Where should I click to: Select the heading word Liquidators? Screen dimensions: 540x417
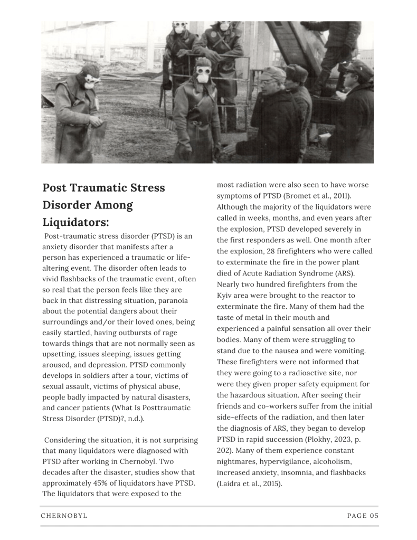tap(75, 222)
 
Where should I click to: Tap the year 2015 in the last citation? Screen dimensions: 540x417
tap(266, 483)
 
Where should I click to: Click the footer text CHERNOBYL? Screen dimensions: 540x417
tap(64, 516)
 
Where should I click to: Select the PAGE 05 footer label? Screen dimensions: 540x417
tap(363, 516)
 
